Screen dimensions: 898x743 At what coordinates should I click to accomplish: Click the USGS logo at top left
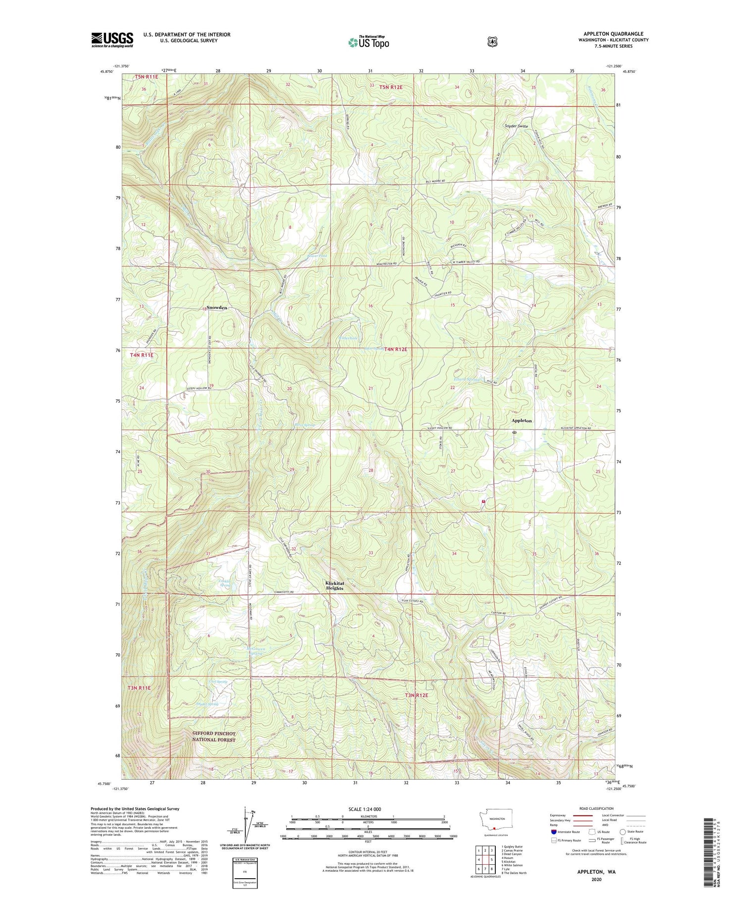tap(112, 40)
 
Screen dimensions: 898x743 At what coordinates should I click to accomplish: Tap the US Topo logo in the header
tap(369, 42)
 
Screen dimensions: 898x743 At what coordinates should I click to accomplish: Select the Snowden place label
tap(216, 308)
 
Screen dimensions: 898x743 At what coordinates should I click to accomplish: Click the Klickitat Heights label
tap(334, 585)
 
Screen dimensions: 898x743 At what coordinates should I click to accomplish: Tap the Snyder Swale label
tap(516, 126)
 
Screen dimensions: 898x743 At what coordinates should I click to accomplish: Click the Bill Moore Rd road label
tap(435, 181)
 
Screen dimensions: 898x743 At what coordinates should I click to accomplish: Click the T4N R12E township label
tap(394, 349)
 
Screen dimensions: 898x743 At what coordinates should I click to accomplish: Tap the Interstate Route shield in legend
tap(553, 832)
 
